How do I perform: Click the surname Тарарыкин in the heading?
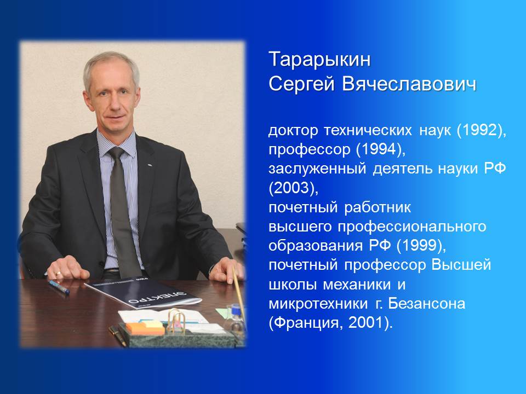[319, 60]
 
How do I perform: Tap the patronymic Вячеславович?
[409, 84]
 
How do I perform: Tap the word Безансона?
[426, 304]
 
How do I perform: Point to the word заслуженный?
[317, 169]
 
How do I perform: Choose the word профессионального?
[412, 227]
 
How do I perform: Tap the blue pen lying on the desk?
[59, 287]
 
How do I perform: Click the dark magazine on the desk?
[143, 292]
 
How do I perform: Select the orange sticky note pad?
[145, 328]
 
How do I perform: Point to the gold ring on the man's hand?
[59, 274]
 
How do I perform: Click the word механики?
[357, 285]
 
